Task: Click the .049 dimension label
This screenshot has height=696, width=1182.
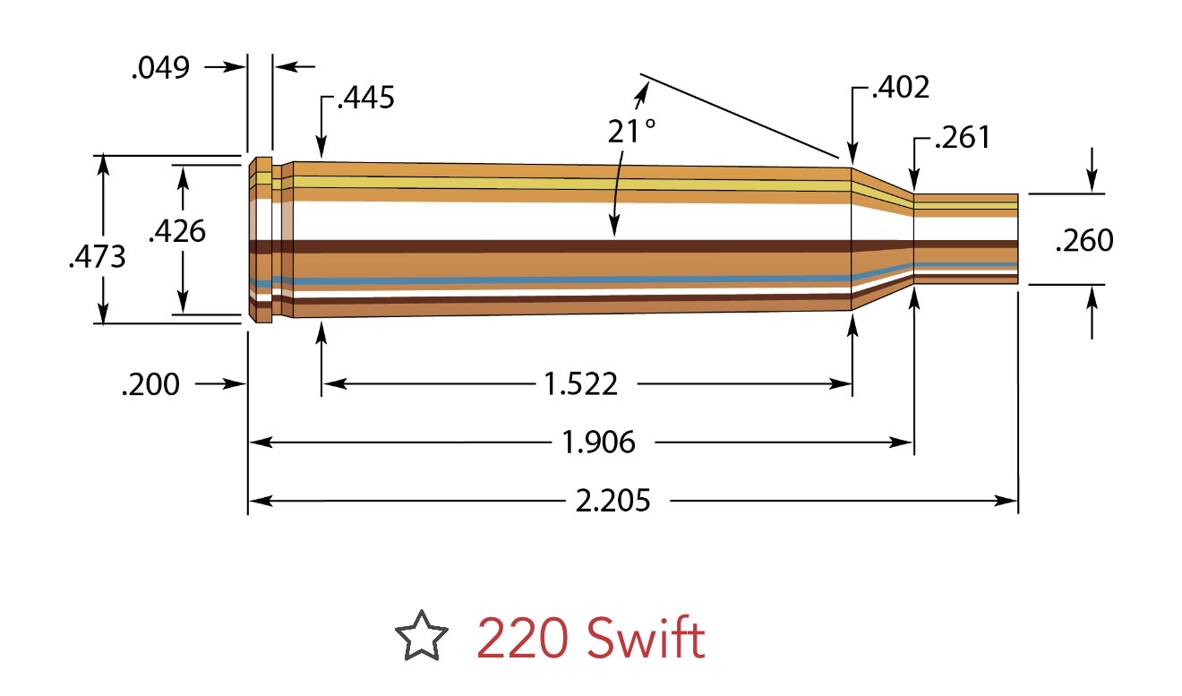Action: coord(161,68)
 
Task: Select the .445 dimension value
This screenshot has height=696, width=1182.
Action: coord(364,98)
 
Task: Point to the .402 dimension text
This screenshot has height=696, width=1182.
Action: coord(900,88)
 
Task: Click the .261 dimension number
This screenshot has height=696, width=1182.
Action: coord(962,139)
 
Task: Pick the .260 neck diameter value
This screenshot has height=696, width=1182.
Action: coord(1084,241)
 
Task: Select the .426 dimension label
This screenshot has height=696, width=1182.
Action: coord(176,231)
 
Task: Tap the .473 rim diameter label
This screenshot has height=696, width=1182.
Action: coord(97,257)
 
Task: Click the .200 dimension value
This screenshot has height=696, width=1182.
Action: coord(150,385)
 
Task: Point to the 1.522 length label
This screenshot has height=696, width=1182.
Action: coord(581,385)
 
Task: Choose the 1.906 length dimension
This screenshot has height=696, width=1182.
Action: coord(598,443)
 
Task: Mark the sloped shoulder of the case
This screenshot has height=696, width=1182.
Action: coord(881,238)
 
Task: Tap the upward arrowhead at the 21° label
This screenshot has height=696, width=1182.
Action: coord(641,89)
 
